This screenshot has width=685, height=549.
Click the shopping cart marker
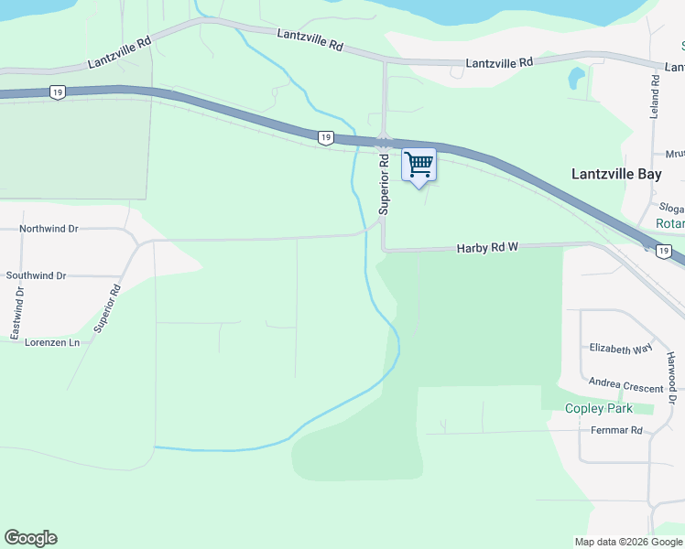point(419,166)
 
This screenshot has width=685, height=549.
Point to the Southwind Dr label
point(36,275)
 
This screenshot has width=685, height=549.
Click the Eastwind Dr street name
point(16,314)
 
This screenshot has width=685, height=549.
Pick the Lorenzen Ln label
point(52,341)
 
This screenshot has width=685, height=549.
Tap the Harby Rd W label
point(487,248)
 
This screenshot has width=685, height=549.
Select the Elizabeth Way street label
point(621,349)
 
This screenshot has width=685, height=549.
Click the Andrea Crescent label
point(625,387)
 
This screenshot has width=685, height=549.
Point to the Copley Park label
point(599,408)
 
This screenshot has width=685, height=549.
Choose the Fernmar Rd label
point(616,430)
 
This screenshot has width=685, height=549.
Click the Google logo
point(30,538)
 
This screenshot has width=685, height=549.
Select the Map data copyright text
point(627,542)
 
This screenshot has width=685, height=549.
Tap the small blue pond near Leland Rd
point(576,79)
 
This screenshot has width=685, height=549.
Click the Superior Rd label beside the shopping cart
point(385,184)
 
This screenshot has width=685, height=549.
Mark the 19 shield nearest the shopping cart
point(325,137)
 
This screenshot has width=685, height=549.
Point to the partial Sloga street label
point(671,209)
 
